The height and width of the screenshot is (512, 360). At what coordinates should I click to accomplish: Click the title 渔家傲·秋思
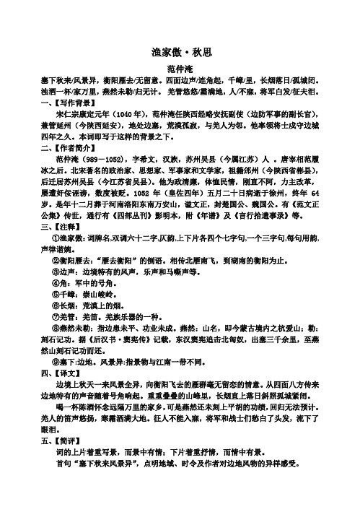click(x=180, y=53)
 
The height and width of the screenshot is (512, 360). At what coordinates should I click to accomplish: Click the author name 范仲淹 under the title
click(x=180, y=67)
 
